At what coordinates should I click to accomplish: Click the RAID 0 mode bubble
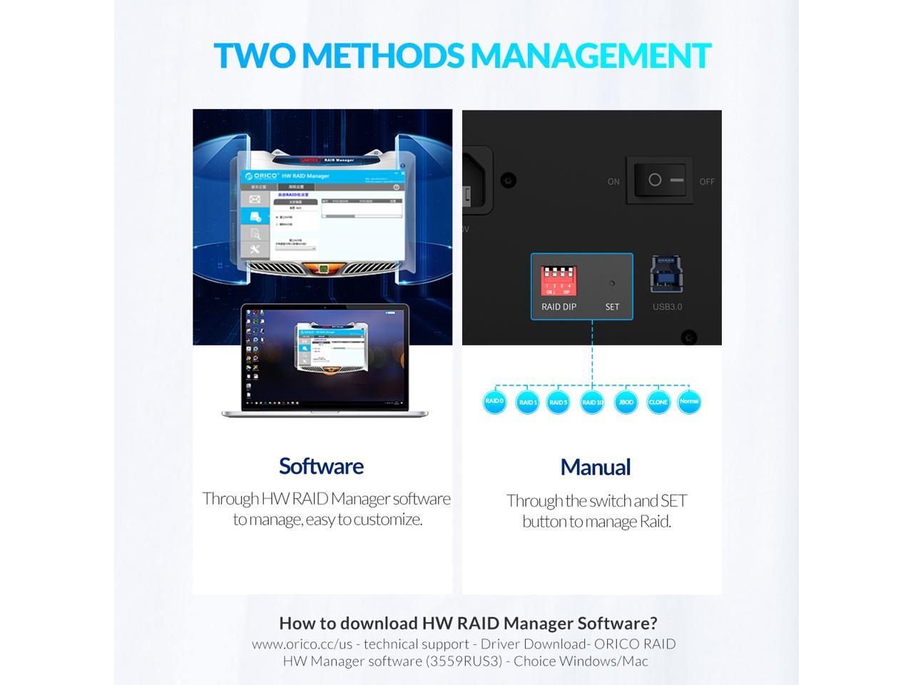494,401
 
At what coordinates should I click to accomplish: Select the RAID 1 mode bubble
527,402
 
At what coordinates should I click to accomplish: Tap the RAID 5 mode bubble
558,402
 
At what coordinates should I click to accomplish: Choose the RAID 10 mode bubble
592,402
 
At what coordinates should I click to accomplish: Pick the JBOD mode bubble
626,402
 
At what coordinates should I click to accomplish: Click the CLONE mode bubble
658,402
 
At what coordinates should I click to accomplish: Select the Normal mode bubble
688,401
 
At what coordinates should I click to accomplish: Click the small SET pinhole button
611,283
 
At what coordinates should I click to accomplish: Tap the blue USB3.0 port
667,274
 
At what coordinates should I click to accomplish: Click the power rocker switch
660,180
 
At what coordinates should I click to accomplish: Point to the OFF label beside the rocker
707,182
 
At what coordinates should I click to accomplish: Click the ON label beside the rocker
613,182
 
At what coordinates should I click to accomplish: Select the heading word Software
321,466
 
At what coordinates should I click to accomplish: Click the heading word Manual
595,467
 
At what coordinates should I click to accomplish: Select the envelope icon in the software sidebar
255,199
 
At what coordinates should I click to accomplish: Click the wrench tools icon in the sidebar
255,249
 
